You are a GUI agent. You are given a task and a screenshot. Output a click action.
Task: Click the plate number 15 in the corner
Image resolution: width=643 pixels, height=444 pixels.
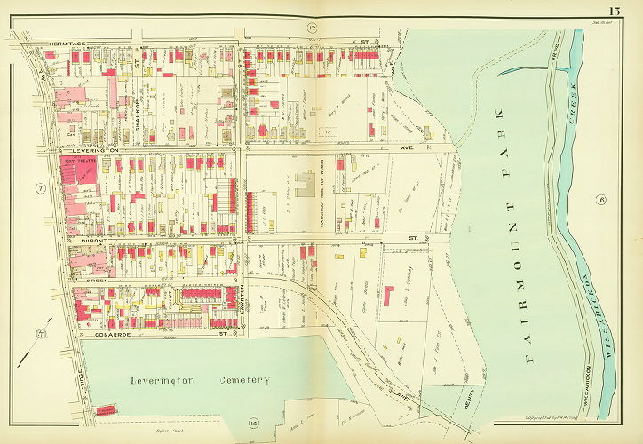coord(614,11)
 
